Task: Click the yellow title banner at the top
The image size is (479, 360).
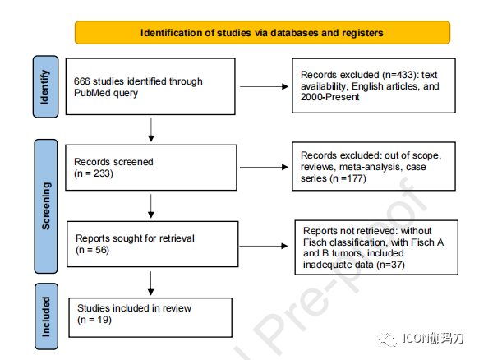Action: [262, 32]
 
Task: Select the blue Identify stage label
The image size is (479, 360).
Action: [45, 86]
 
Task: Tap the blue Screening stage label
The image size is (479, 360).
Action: [46, 206]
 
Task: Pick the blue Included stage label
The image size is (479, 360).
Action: [46, 316]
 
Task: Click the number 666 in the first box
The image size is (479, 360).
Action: [81, 81]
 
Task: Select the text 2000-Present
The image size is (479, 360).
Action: [330, 97]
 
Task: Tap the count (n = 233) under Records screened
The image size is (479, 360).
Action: [94, 173]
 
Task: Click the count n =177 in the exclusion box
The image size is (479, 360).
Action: [348, 178]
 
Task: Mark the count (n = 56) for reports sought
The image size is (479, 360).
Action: [92, 250]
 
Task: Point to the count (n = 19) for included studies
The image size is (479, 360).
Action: [94, 320]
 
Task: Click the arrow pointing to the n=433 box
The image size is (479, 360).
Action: [265, 87]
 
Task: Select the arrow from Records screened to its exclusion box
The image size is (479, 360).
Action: [265, 167]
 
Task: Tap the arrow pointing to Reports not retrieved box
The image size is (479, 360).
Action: [264, 246]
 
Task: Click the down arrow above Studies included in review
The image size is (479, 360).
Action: [150, 284]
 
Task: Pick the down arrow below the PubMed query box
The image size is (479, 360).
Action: [151, 130]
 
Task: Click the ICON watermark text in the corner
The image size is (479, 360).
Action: [433, 339]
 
